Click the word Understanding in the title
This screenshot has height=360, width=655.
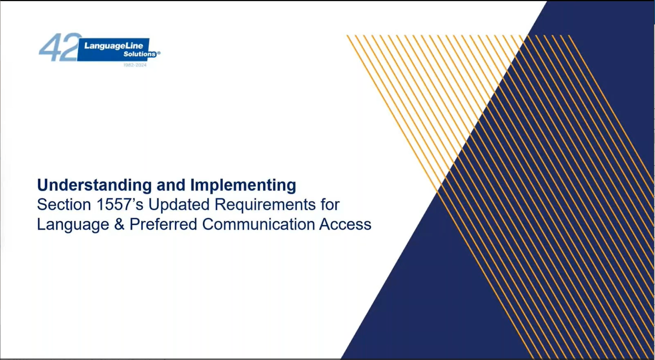click(x=94, y=186)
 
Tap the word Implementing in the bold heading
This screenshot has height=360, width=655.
click(x=243, y=186)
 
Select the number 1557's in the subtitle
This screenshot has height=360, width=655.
click(x=120, y=204)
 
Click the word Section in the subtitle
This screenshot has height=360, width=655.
click(x=64, y=204)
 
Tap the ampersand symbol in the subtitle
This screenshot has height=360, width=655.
click(x=119, y=224)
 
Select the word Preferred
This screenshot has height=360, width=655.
click(x=164, y=224)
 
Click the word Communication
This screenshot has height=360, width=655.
click(x=258, y=224)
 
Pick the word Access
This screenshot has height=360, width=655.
click(x=345, y=224)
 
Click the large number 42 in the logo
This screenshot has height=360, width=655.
click(x=60, y=47)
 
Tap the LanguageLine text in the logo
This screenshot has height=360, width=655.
click(x=114, y=46)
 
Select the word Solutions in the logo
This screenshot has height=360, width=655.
click(x=140, y=54)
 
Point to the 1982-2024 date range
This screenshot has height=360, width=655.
click(x=135, y=65)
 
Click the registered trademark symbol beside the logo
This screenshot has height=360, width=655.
click(x=159, y=53)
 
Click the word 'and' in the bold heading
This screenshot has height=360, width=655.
click(x=171, y=186)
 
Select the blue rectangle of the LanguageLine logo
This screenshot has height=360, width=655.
click(x=114, y=49)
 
